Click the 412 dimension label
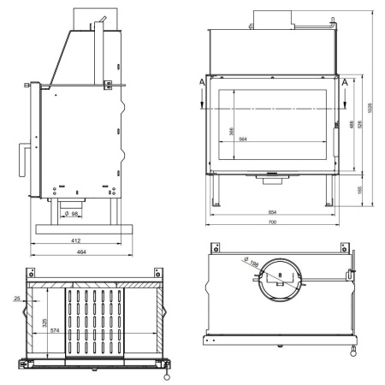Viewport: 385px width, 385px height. [75, 240]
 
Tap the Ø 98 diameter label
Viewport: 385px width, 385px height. [74, 212]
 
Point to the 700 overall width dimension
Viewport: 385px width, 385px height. [272, 222]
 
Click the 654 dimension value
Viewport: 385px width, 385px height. [272, 211]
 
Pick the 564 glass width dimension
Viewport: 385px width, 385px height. [244, 139]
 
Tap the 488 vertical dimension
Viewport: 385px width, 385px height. [352, 124]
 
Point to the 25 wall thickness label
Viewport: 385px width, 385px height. [17, 299]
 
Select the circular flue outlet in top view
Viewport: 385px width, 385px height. [281, 278]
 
